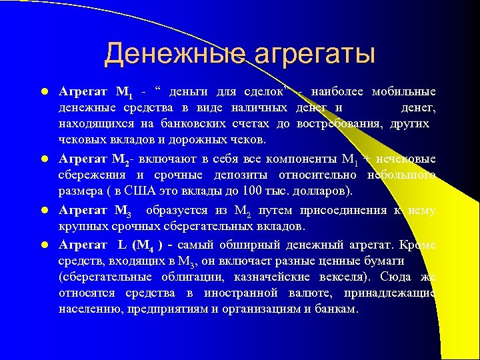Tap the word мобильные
click(404, 91)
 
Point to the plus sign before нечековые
click(367, 159)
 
